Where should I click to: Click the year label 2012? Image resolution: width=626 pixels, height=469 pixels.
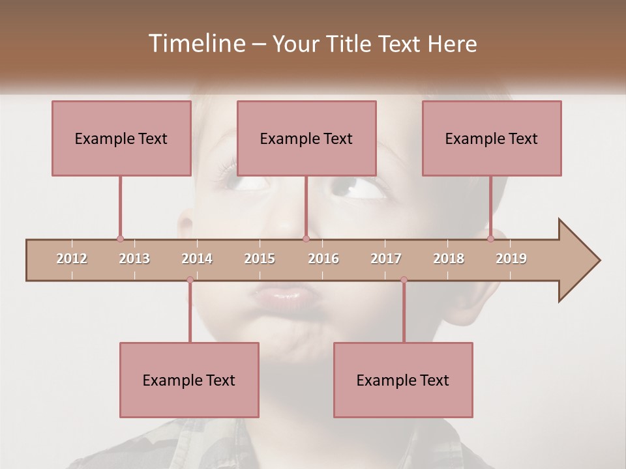click(x=72, y=259)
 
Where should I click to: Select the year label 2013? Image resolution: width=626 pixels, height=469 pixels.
click(x=134, y=259)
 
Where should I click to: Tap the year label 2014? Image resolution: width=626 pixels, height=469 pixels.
click(x=197, y=259)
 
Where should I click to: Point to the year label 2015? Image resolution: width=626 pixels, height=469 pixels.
click(x=260, y=259)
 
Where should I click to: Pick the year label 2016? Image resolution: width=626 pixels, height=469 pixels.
click(x=323, y=259)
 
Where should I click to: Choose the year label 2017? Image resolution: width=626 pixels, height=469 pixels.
click(x=386, y=259)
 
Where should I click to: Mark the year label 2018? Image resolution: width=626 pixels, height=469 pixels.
click(x=449, y=259)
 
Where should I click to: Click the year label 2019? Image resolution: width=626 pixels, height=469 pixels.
click(x=511, y=259)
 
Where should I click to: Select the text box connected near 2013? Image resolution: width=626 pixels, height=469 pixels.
click(x=121, y=138)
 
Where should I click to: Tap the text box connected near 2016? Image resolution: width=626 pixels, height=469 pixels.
click(x=306, y=138)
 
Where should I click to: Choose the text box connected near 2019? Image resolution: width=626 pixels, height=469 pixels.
click(x=492, y=138)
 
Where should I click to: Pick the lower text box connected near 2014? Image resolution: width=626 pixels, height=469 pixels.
click(x=189, y=380)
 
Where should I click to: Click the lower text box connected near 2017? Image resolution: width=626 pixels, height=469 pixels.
click(x=403, y=380)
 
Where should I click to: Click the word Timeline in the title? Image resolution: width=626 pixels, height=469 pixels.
click(x=196, y=44)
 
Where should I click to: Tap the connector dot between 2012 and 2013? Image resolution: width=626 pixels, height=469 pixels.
click(x=120, y=239)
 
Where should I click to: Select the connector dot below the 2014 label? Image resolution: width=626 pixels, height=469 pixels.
click(x=190, y=280)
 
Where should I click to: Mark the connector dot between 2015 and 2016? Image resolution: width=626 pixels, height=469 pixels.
click(x=306, y=239)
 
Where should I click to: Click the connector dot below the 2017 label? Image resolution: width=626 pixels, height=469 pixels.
click(x=404, y=280)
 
